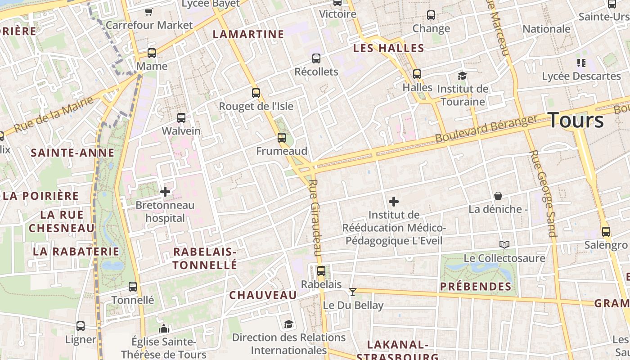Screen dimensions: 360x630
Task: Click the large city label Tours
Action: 576,121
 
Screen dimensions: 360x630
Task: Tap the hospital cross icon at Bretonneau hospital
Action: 165,192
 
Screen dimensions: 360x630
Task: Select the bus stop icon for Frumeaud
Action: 282,137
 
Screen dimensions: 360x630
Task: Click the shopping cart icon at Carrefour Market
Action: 149,12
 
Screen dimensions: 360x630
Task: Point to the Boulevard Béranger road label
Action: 486,129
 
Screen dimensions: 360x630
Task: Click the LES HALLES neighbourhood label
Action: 389,48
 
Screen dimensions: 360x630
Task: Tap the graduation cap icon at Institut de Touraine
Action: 462,75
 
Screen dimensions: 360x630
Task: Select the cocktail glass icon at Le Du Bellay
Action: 353,292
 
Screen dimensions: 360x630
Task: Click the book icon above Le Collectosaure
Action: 504,244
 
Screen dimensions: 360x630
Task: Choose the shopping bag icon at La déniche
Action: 498,196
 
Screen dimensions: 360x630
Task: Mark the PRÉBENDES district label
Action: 476,287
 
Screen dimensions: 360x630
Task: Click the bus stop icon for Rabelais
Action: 321,271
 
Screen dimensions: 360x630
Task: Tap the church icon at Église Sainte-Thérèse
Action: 164,328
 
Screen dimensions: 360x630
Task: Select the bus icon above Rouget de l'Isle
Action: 256,93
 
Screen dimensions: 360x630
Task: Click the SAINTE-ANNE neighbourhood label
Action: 72,153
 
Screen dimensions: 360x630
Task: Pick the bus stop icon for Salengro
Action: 606,232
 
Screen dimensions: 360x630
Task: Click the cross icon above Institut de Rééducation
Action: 394,202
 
